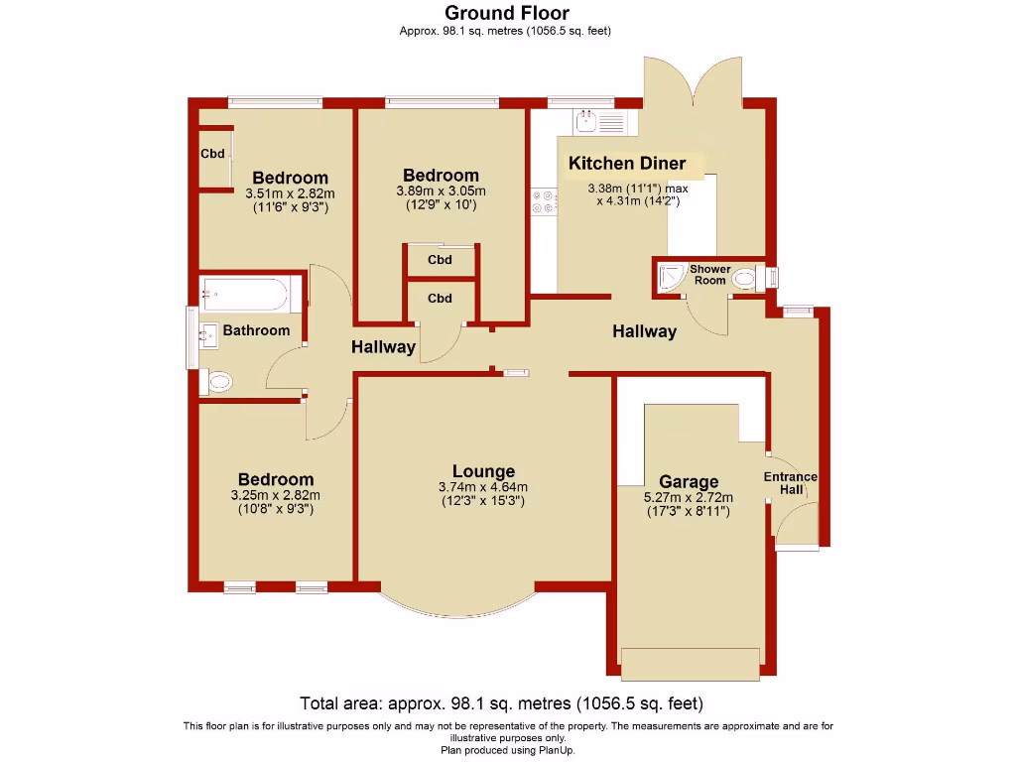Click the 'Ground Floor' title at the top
(506, 13)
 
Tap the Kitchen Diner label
(626, 163)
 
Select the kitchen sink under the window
(598, 123)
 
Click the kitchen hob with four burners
(543, 201)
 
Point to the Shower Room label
(709, 275)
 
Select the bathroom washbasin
(209, 334)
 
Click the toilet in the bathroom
(217, 381)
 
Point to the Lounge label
(483, 471)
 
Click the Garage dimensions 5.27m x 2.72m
(689, 498)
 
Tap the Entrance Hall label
(790, 483)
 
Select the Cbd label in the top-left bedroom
(212, 154)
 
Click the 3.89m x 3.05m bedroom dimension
(441, 191)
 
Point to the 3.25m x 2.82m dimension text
(275, 495)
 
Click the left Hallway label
(383, 347)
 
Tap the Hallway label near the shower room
(644, 331)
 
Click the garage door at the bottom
(691, 663)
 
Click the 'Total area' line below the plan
(501, 703)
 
